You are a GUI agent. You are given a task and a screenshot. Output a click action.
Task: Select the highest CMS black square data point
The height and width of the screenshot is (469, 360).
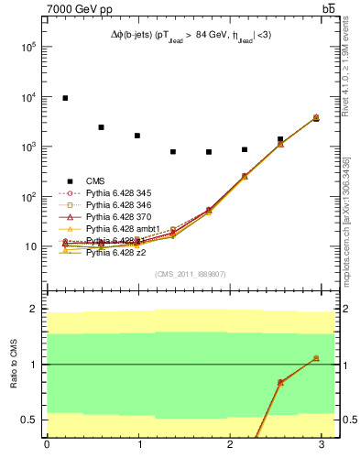[x=65, y=98]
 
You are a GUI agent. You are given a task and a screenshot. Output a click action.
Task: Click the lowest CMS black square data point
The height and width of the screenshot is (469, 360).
[x=209, y=152]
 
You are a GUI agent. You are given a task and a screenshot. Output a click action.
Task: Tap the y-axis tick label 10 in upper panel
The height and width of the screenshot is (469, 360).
[x=34, y=247]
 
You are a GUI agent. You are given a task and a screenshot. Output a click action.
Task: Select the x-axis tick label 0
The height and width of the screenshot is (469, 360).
[x=47, y=444]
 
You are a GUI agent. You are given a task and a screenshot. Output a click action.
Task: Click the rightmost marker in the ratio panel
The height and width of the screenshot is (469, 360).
[x=316, y=358]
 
